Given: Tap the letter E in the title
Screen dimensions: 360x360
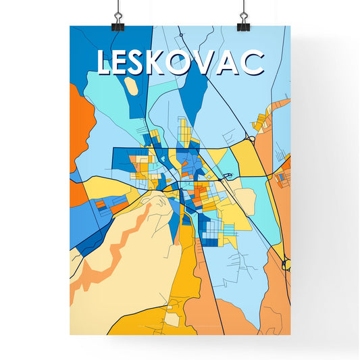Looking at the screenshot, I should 126,63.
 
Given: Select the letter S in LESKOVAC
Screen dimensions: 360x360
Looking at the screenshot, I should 147,63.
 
